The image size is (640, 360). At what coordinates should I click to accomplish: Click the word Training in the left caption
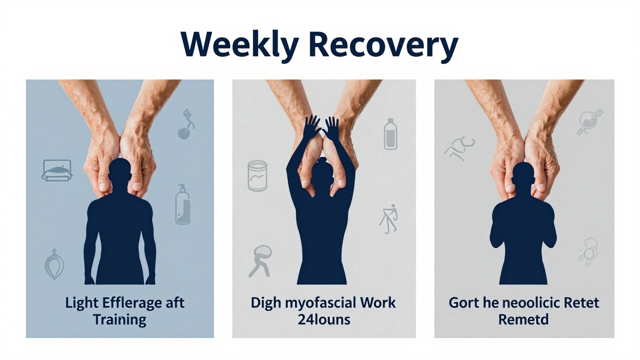coord(119,319)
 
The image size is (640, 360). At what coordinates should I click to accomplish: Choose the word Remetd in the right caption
coord(523,319)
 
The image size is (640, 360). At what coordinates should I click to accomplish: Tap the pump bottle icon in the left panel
coord(182,204)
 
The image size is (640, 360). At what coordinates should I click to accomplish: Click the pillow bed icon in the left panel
coord(56,170)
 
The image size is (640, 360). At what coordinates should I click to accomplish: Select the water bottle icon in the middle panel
coord(390,133)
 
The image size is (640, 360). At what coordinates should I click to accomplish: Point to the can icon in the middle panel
coord(257,175)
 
